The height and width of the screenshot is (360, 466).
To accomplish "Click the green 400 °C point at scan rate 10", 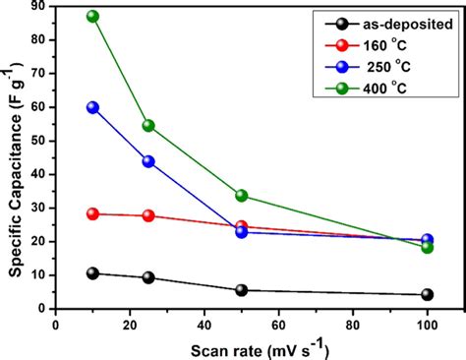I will [x=92, y=17].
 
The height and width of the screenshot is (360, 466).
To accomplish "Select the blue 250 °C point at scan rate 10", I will [x=92, y=107].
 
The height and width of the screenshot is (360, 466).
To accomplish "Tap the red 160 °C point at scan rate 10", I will [x=92, y=213].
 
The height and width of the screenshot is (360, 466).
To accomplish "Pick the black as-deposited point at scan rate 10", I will [x=92, y=272].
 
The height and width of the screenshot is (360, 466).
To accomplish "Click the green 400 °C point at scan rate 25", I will [x=148, y=126].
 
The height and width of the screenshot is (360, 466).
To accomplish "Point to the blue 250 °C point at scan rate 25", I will [x=148, y=161].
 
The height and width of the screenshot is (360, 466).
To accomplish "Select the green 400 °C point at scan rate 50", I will [x=241, y=196].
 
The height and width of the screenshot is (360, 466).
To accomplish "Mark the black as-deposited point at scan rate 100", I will [x=427, y=294].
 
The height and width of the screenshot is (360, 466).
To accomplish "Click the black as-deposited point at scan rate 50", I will [x=241, y=290].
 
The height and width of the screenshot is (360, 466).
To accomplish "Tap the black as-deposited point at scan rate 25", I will [x=148, y=277].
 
